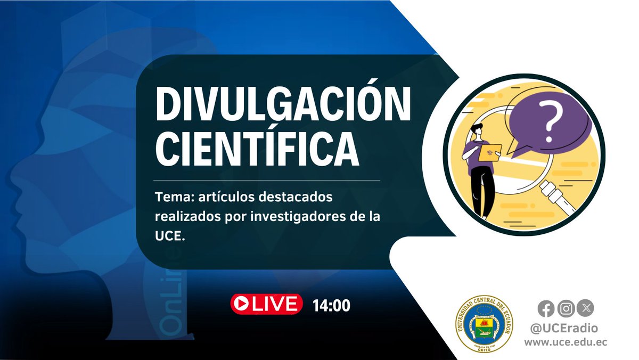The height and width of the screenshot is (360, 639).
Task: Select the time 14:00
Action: (331, 306)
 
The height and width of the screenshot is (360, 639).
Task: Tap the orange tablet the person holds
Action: (489, 153)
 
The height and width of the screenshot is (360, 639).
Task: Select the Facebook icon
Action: (545, 308)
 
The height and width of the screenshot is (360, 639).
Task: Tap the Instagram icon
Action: (567, 308)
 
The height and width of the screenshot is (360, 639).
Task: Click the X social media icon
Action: (586, 308)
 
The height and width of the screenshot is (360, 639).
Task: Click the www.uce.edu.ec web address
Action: (566, 343)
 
